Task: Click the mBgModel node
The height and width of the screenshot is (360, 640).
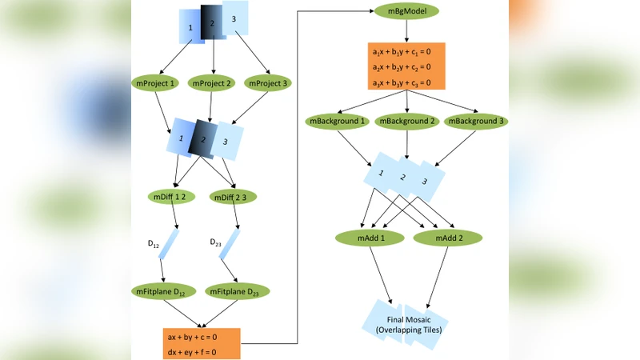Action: click(x=407, y=14)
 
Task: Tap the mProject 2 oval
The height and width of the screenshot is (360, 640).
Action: click(x=213, y=83)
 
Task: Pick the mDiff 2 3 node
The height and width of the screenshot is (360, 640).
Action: click(x=233, y=196)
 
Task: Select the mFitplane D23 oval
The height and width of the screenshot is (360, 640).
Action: click(x=236, y=291)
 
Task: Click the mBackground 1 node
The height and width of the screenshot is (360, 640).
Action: click(x=336, y=122)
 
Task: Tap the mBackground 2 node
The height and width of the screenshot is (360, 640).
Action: click(x=407, y=122)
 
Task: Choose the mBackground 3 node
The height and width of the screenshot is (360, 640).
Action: click(x=476, y=122)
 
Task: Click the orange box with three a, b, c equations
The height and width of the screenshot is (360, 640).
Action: click(x=406, y=67)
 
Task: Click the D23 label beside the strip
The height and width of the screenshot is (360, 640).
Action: click(x=218, y=242)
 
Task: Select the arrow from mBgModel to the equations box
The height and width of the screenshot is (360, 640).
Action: click(x=407, y=32)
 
